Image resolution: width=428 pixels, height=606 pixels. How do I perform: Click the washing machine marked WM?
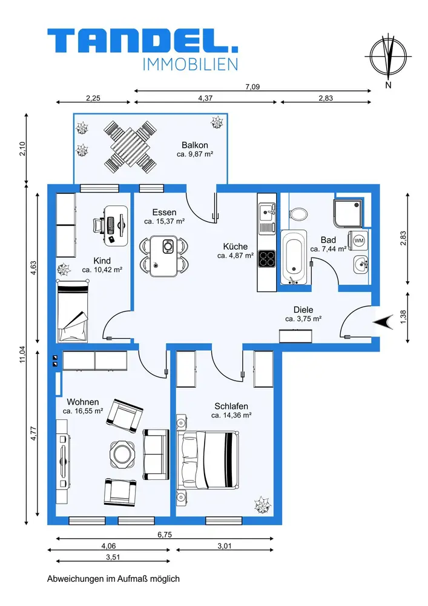(x=358, y=241)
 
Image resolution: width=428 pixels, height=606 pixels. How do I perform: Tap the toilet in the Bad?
(x=298, y=213)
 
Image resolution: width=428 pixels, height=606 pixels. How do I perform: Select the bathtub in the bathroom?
(x=294, y=257)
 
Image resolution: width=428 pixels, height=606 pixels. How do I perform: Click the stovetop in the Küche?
(x=267, y=259)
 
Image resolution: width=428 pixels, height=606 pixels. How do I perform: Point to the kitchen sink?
(x=267, y=213)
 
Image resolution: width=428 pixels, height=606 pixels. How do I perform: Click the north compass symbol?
(x=388, y=56)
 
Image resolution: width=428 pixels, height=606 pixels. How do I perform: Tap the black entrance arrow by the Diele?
(x=383, y=322)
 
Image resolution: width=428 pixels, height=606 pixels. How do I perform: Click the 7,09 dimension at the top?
(x=252, y=87)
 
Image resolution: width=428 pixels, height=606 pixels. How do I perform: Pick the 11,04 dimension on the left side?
(x=22, y=354)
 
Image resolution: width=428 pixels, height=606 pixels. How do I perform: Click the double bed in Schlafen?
(x=208, y=461)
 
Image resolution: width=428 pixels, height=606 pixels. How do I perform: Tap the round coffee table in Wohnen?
(x=122, y=455)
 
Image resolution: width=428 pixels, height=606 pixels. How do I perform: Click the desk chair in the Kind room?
(x=99, y=225)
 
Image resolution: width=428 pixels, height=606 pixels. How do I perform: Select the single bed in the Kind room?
(x=73, y=311)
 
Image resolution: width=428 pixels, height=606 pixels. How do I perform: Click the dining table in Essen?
(x=164, y=256)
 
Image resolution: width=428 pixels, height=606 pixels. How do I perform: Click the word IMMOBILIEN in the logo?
(x=190, y=65)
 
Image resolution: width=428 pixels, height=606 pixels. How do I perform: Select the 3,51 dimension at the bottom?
(x=113, y=558)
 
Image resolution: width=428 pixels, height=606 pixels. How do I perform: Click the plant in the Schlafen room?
(x=263, y=505)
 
